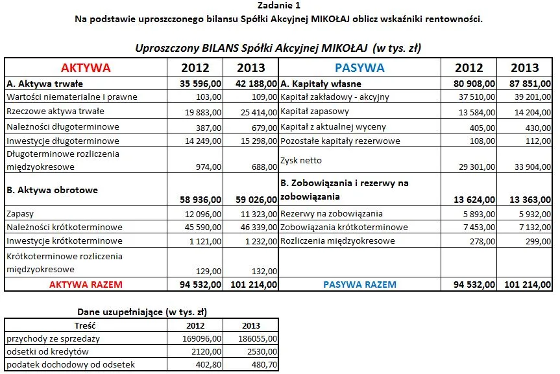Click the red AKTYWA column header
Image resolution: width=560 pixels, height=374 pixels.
point(86,68)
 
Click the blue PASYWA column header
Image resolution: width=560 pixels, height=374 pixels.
point(359,68)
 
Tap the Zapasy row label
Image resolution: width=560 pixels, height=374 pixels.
point(20,213)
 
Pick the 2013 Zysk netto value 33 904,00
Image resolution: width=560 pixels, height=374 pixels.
point(530,167)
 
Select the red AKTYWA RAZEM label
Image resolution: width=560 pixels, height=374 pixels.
point(86,284)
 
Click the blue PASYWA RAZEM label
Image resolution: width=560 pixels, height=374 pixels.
point(359,284)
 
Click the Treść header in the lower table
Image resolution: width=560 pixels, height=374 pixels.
point(86,325)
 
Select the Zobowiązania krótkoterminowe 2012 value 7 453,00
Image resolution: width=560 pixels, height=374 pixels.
point(478,228)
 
